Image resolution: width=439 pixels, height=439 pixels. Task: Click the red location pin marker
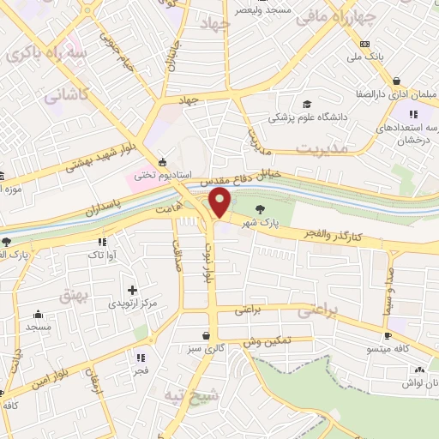[220, 203]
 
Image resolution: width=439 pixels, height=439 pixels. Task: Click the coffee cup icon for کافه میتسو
[388, 335]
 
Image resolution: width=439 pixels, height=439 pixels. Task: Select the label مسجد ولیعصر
[264, 9]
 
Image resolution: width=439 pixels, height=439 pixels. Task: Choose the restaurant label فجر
[140, 370]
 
